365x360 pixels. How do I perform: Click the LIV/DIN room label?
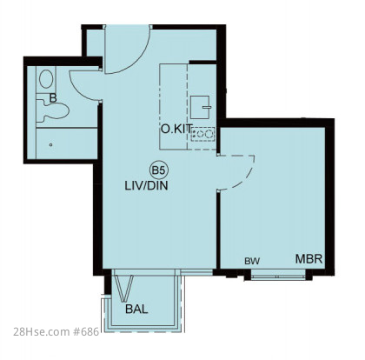146,185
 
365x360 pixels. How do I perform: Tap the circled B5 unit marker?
158,170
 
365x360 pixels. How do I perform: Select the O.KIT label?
176,129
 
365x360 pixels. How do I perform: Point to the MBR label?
309,258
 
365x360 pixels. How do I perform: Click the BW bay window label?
252,261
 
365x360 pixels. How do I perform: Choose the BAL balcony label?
136,310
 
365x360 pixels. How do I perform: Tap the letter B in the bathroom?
53,98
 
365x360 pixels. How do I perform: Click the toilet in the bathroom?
53,110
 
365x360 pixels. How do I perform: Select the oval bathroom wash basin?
46,79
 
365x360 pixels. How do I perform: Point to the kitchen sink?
200,107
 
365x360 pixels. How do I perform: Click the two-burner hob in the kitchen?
202,135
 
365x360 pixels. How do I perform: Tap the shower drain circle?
51,144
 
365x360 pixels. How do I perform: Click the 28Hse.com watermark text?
42,331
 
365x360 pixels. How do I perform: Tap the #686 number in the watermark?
86,331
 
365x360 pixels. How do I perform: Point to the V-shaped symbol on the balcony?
124,288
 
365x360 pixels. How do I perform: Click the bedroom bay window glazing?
277,277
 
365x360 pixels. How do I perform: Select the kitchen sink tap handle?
207,107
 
